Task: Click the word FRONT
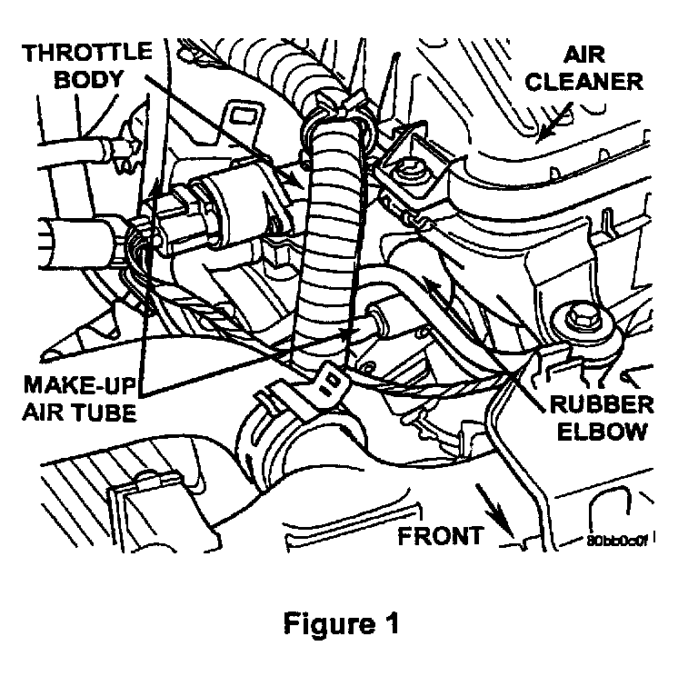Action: click(x=441, y=535)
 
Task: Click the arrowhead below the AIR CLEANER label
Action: click(x=542, y=136)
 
